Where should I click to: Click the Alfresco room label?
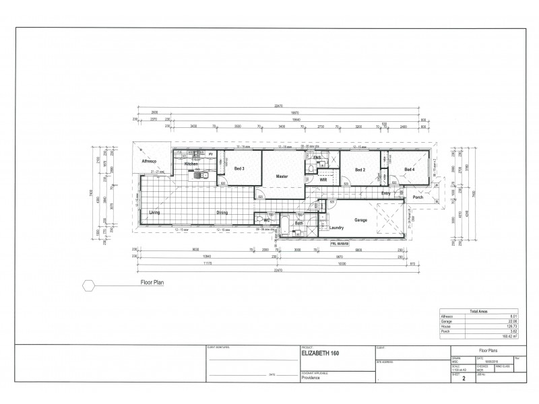(x=148, y=162)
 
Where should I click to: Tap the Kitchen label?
(x=191, y=164)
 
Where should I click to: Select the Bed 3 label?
(x=239, y=168)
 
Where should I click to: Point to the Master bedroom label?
(x=282, y=176)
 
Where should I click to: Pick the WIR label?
(x=323, y=180)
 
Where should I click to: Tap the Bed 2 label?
(x=359, y=170)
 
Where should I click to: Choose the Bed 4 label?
(x=409, y=169)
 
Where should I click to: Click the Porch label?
(x=418, y=197)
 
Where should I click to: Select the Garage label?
(x=361, y=220)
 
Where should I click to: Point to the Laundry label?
(x=338, y=228)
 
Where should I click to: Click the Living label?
(x=154, y=212)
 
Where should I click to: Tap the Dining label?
(x=222, y=212)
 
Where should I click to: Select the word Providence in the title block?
(x=311, y=378)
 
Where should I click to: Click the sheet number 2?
(x=464, y=379)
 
